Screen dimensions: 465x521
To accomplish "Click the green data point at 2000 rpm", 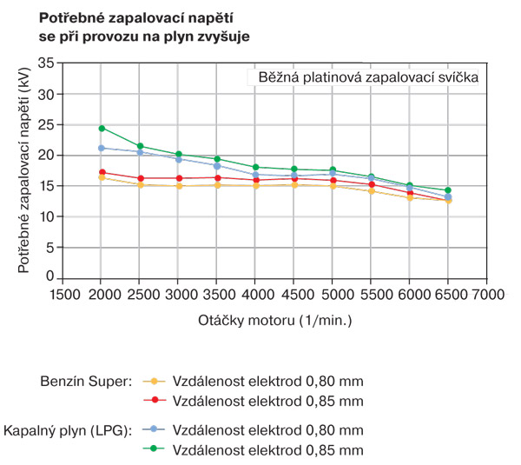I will click(x=102, y=129).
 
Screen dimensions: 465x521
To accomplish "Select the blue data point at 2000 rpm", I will click(x=102, y=149).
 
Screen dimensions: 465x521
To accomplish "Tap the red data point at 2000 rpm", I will click(x=102, y=172).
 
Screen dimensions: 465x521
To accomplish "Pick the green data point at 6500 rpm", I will click(x=448, y=190).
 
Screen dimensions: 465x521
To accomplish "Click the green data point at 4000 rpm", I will click(x=255, y=167).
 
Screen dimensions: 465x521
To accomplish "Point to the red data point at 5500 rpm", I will click(x=371, y=184).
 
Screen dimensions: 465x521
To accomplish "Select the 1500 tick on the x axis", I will click(x=63, y=294).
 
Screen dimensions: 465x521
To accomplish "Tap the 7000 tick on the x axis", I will click(x=486, y=294).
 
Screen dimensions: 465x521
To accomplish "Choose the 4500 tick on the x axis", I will click(x=293, y=294).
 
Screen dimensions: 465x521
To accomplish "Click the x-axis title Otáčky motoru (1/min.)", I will click(x=275, y=320).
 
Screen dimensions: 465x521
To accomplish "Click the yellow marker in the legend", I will click(x=154, y=382).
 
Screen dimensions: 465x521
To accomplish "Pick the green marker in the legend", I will click(x=154, y=449).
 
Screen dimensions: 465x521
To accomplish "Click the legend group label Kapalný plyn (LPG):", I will click(x=66, y=430).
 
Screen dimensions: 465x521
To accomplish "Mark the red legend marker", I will click(x=154, y=401).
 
